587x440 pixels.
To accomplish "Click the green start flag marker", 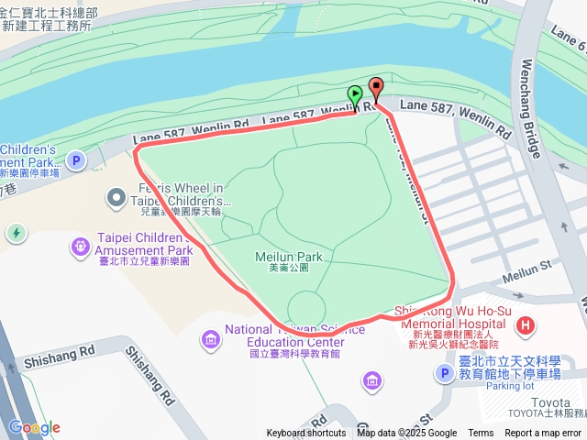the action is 355,95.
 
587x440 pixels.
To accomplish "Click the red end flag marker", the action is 375,89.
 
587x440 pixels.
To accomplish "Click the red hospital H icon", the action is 526,324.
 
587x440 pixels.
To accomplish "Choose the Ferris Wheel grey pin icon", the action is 116,196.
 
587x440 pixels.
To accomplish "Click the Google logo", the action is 34,427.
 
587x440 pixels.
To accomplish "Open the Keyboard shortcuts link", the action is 306,434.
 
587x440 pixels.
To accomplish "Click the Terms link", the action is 481,434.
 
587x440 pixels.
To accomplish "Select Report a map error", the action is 544,434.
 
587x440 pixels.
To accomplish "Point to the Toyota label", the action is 551,401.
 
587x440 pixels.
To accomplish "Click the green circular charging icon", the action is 17,233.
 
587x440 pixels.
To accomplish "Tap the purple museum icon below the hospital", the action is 373,379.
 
